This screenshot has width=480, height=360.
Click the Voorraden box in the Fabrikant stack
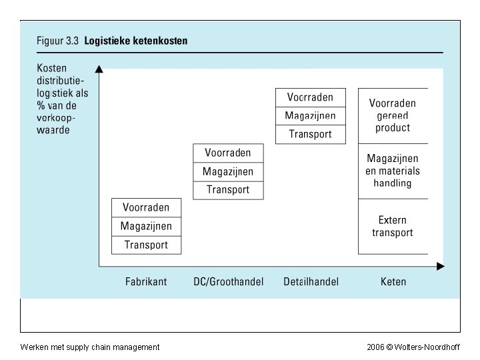[146, 207]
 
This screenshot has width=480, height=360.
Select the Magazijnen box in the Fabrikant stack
[146, 226]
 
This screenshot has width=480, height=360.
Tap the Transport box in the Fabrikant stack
[146, 245]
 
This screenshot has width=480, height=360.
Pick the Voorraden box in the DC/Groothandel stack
[228, 153]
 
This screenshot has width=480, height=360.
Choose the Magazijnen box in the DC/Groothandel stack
[228, 171]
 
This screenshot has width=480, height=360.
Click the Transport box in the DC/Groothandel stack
[228, 190]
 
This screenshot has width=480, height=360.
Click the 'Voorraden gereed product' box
[393, 115]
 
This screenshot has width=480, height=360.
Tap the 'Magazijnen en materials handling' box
[393, 171]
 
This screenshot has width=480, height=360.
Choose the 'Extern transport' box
[393, 226]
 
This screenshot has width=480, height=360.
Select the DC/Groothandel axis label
[228, 281]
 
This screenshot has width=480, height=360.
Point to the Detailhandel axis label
[311, 281]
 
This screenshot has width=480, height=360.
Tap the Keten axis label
[393, 281]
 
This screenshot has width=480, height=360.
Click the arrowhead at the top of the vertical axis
[99, 68]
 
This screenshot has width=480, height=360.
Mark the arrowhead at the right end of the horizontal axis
[440, 267]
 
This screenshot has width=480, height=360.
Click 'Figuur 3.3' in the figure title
[57, 41]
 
